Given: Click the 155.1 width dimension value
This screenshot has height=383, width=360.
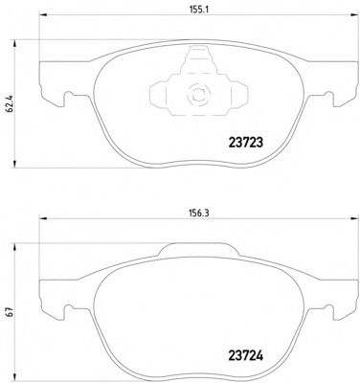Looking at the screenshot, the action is click(x=199, y=10).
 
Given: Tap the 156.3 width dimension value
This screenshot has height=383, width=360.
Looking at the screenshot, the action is click(x=199, y=214).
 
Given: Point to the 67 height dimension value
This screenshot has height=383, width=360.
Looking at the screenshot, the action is click(x=10, y=312).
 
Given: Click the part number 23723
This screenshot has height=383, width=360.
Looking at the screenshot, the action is click(x=246, y=143).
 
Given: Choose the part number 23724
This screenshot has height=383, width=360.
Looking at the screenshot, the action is click(x=246, y=355).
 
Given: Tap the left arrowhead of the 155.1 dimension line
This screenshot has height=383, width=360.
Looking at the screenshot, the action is click(x=43, y=14).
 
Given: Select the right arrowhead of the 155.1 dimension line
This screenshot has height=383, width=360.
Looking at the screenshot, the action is click(x=354, y=14).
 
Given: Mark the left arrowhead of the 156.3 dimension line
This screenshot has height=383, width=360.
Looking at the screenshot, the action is click(x=43, y=218).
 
